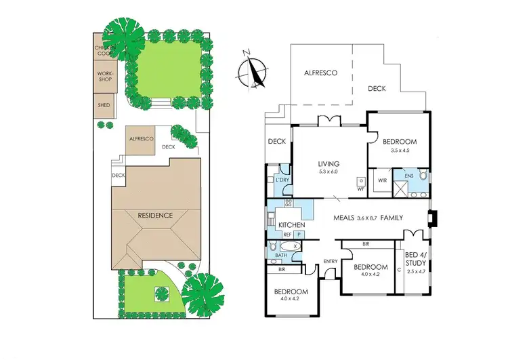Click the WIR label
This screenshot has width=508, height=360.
pos(382,181)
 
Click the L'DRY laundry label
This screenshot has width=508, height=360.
pos(281,180)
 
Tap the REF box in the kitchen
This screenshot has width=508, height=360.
pos(287,235)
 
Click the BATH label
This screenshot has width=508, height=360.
pos(272,255)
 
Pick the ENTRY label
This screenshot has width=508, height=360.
pos(331,262)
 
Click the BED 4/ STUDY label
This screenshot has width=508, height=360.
pos(415,260)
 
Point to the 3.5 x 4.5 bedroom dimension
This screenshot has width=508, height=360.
pos(399,151)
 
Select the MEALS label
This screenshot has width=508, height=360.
pos(346,218)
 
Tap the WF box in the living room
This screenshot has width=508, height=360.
pos(361,188)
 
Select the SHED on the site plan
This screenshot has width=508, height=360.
pos(104,105)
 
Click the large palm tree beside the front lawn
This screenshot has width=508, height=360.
pos(202,291)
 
